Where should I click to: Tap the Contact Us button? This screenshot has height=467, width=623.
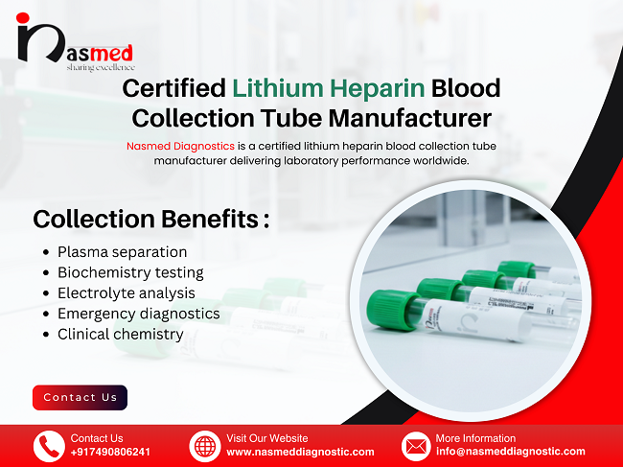coord(80,397)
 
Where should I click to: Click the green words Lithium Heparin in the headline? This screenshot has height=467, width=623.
coord(329,88)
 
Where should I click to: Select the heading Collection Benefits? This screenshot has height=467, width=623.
coord(150,219)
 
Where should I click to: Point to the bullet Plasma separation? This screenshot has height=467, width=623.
coord(122,252)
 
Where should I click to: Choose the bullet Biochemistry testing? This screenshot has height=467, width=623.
coord(129,272)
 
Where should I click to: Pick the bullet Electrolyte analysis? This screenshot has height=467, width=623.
coord(126,293)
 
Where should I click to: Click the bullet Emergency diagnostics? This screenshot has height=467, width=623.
coord(138,314)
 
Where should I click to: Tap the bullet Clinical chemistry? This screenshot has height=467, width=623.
coord(120,335)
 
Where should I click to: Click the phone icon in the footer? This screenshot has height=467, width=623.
coord(49,446)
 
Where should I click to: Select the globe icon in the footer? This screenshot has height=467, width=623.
coord(205,446)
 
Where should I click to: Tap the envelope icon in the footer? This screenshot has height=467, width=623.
coord(416,446)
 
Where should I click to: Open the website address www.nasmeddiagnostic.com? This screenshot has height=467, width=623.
coord(300,452)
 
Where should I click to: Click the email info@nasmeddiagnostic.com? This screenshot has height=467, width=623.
coord(510,452)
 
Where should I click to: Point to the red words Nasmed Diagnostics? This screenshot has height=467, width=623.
coord(179,146)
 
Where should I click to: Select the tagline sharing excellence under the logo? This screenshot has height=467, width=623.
coord(101,67)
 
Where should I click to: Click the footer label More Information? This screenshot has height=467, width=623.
coord(475,438)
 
